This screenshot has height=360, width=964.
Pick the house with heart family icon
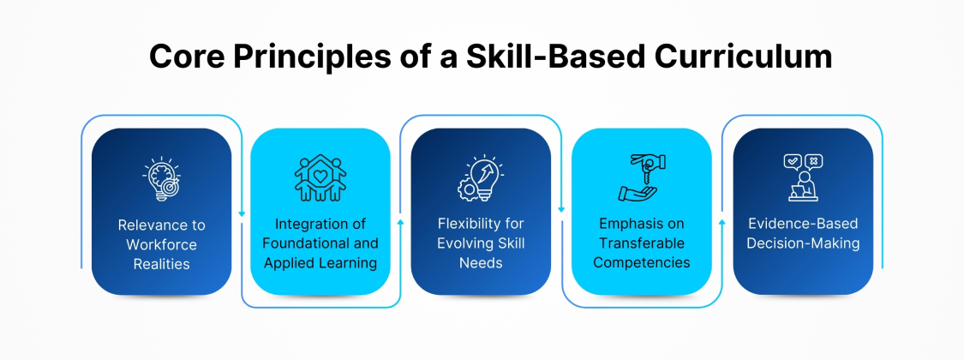pyautogui.click(x=320, y=177)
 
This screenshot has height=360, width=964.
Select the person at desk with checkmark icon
pyautogui.click(x=802, y=177)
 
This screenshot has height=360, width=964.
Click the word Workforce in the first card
pyautogui.click(x=161, y=244)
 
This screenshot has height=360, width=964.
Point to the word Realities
pyautogui.click(x=161, y=263)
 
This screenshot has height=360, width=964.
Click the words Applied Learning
pyautogui.click(x=320, y=263)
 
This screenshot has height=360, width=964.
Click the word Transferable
pyautogui.click(x=641, y=244)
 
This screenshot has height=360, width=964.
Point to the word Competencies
pyautogui.click(x=641, y=263)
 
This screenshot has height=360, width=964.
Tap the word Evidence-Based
pyautogui.click(x=802, y=225)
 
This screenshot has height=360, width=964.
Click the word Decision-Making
pyautogui.click(x=802, y=243)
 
